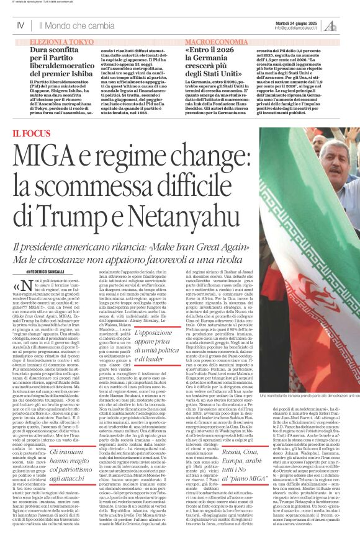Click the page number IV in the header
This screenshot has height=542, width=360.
point(20,26)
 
